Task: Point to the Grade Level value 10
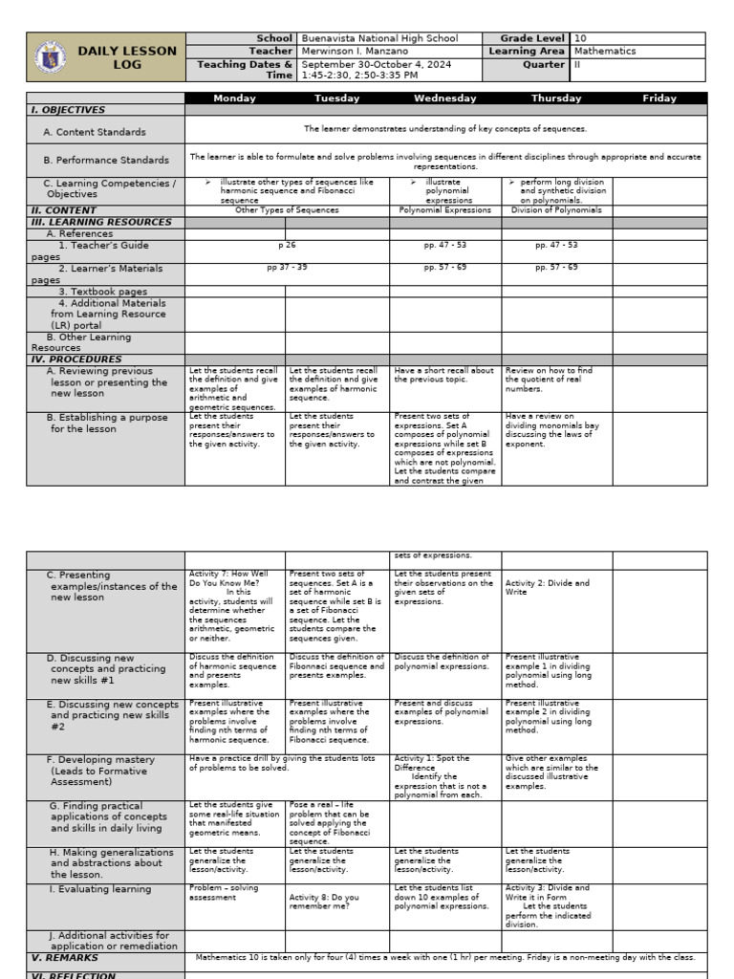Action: pyautogui.click(x=581, y=38)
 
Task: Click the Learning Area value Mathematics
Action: pyautogui.click(x=605, y=52)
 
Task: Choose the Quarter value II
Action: pyautogui.click(x=577, y=65)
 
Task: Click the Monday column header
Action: pyautogui.click(x=235, y=98)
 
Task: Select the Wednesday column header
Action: pyautogui.click(x=444, y=98)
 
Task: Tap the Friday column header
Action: pyautogui.click(x=659, y=98)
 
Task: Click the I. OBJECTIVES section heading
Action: pyautogui.click(x=68, y=110)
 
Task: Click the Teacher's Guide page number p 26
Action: pyautogui.click(x=287, y=246)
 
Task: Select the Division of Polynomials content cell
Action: pyautogui.click(x=556, y=210)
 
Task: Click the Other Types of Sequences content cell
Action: pyautogui.click(x=287, y=210)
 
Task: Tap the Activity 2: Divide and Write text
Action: pyautogui.click(x=547, y=587)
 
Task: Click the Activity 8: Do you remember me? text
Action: pyautogui.click(x=325, y=902)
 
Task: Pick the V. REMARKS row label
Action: pyautogui.click(x=65, y=957)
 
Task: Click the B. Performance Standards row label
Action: pyautogui.click(x=106, y=161)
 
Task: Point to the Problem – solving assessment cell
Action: pyautogui.click(x=225, y=893)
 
